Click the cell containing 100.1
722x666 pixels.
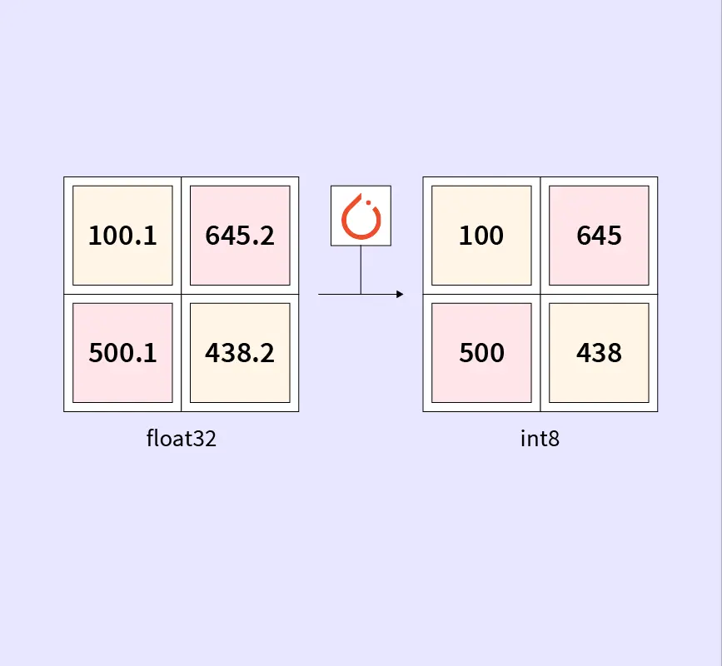[122, 236]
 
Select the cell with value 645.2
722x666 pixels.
[240, 236]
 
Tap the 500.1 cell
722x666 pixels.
[122, 353]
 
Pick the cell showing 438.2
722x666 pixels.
[240, 353]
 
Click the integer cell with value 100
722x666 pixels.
[481, 236]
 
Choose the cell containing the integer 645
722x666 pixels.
[599, 236]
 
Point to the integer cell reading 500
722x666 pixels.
[481, 353]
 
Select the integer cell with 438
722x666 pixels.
[599, 353]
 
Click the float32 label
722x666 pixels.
[181, 439]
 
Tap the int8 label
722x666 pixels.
[540, 439]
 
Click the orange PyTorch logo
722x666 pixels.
[361, 216]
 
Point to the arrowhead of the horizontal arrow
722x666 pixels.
[400, 294]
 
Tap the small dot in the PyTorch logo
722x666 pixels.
[369, 202]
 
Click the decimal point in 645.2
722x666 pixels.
[255, 244]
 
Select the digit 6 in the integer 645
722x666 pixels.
[584, 236]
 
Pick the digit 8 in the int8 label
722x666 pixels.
[554, 439]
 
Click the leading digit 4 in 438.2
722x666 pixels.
[213, 353]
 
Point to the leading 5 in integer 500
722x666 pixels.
[466, 353]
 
